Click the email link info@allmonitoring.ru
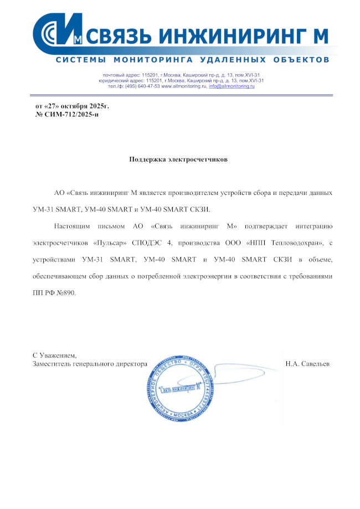tap(232, 86)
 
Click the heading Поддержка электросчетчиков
tap(178, 159)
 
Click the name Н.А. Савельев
tap(307, 364)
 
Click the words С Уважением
tap(54, 354)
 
